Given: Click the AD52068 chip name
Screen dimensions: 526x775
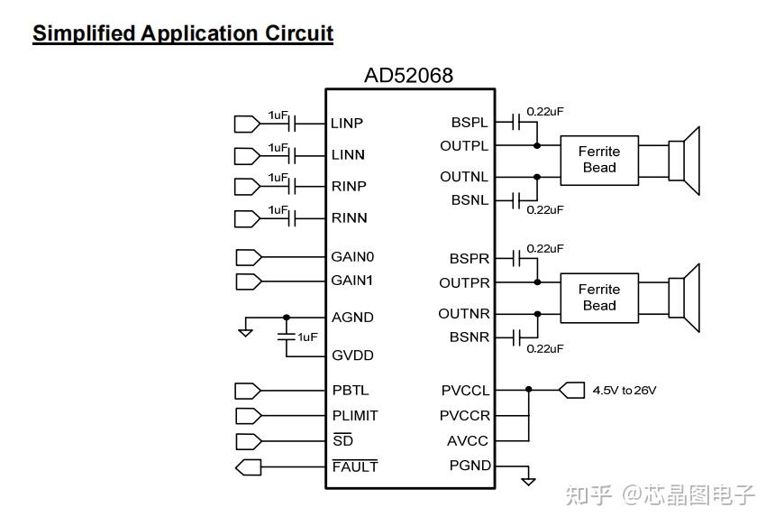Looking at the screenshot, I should tap(408, 76).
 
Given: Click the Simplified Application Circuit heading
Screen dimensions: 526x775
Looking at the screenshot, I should tap(183, 34).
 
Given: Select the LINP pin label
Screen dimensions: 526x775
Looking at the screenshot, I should tap(347, 124).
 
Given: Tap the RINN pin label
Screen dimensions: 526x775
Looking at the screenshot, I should tap(349, 218).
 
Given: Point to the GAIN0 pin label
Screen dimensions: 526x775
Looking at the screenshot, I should tap(352, 257).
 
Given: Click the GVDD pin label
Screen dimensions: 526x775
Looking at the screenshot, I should tap(352, 355).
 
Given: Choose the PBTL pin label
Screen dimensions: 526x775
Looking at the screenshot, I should tap(351, 391).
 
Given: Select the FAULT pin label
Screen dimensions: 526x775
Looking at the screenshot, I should tap(355, 466).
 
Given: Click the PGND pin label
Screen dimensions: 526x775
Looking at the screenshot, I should tap(470, 466).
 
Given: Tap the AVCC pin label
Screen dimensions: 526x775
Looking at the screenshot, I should tap(469, 441).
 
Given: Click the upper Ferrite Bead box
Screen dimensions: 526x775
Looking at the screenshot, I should tap(599, 160).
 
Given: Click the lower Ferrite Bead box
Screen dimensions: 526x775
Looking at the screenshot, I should tap(599, 298).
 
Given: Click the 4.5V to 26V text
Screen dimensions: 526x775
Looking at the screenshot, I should tap(625, 391).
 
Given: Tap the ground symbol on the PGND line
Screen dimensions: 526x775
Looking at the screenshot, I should tap(528, 481).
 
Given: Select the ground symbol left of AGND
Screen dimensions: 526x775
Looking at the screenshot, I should tap(245, 332).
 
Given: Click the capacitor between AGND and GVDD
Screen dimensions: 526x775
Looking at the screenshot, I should tap(287, 337).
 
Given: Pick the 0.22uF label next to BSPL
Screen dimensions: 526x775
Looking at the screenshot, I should tap(545, 112).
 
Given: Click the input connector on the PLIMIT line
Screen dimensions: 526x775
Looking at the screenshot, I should tap(247, 416).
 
